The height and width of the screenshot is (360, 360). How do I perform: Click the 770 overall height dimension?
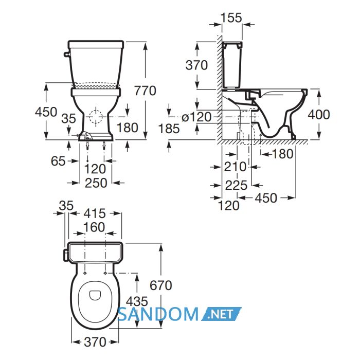pyautogui.click(x=145, y=91)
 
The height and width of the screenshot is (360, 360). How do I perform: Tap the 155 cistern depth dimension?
pyautogui.click(x=231, y=17)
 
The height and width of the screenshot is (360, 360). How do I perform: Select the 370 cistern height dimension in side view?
pyautogui.click(x=196, y=65)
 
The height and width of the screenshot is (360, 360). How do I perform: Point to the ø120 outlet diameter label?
pyautogui.click(x=196, y=117)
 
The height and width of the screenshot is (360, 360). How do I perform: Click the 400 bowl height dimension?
pyautogui.click(x=319, y=114)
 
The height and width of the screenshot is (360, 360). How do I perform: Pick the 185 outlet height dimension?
pyautogui.click(x=169, y=129)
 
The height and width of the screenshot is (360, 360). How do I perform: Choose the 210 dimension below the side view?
pyautogui.click(x=235, y=167)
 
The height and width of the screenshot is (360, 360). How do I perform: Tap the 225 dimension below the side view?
pyautogui.click(x=236, y=185)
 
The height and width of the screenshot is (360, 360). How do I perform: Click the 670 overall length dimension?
pyautogui.click(x=160, y=285)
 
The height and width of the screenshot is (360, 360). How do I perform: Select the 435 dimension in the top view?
pyautogui.click(x=137, y=301)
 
